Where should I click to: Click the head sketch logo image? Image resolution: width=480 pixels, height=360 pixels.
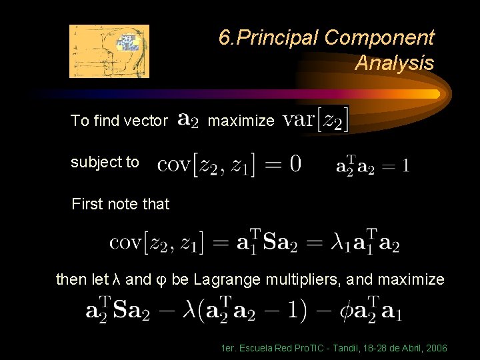[109, 51]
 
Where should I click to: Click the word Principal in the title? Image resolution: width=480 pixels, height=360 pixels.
[281, 38]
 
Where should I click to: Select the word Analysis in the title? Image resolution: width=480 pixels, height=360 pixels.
[394, 63]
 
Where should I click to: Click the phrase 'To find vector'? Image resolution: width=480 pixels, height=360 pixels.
[119, 121]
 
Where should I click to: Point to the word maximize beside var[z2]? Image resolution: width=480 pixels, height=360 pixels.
[241, 121]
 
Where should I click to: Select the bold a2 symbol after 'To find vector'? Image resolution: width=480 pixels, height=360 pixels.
[189, 121]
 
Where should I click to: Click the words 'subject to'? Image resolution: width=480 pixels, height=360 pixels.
[105, 162]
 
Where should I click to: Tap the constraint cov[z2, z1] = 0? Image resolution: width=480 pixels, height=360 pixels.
[229, 163]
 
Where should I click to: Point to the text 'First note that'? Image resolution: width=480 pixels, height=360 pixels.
[121, 204]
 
